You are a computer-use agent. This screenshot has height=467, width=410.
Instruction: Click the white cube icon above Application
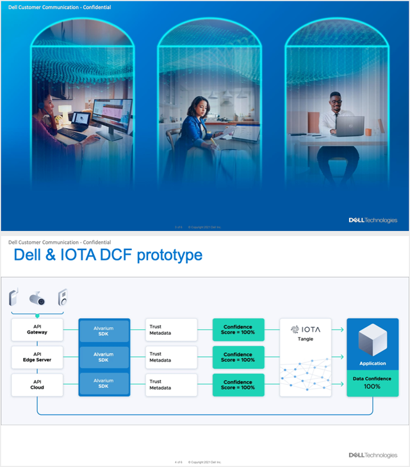[x=372, y=339]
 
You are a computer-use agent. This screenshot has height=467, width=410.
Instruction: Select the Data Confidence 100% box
[x=372, y=384]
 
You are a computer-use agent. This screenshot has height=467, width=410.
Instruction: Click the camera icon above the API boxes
[x=38, y=298]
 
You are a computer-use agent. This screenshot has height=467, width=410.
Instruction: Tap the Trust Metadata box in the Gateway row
[x=171, y=330]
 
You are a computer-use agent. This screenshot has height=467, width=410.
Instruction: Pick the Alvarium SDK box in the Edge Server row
[x=104, y=357]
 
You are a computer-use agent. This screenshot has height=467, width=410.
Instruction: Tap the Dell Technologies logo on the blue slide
[x=372, y=220]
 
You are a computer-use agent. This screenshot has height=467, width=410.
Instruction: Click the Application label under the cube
[x=372, y=363]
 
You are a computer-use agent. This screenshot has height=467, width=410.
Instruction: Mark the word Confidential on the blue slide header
[x=94, y=7]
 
